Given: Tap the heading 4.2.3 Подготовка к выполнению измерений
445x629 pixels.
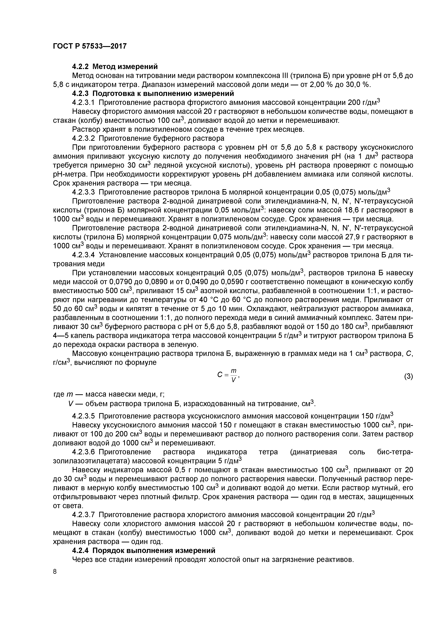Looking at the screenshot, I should [153, 93].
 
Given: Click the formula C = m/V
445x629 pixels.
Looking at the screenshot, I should [228, 375].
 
